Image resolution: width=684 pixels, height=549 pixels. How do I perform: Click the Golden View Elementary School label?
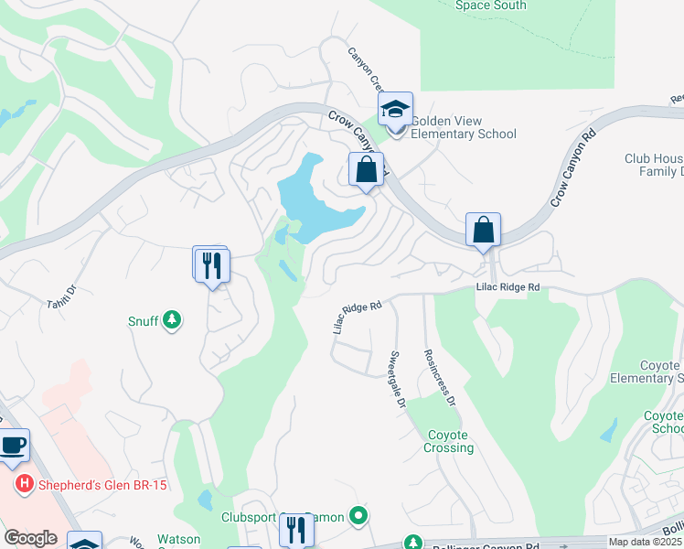[x=464, y=127]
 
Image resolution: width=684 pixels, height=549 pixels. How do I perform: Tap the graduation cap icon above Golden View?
[x=395, y=110]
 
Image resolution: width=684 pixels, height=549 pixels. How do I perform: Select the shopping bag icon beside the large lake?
[x=366, y=170]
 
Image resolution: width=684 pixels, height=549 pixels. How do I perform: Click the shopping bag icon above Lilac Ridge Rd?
[x=483, y=231]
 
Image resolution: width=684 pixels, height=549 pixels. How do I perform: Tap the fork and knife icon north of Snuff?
[x=211, y=265]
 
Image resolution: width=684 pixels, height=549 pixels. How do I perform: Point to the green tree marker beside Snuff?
[x=170, y=321]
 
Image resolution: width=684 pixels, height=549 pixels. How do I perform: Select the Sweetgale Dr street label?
[x=396, y=378]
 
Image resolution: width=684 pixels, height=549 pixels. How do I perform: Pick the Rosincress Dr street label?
[x=438, y=376]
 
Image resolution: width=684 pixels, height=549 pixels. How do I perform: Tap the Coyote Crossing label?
[x=449, y=441]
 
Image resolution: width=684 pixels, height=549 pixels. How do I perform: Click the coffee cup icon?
[x=13, y=446]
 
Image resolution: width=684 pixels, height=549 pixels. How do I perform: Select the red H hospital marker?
[x=22, y=484]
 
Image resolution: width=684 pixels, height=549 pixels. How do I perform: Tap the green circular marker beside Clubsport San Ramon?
[x=358, y=517]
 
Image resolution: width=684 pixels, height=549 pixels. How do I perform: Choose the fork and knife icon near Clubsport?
[x=295, y=530]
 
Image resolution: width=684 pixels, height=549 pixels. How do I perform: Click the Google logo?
[x=30, y=538]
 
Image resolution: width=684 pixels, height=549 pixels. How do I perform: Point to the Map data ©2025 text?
[x=645, y=542]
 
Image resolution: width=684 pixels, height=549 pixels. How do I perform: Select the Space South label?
[x=491, y=5]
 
